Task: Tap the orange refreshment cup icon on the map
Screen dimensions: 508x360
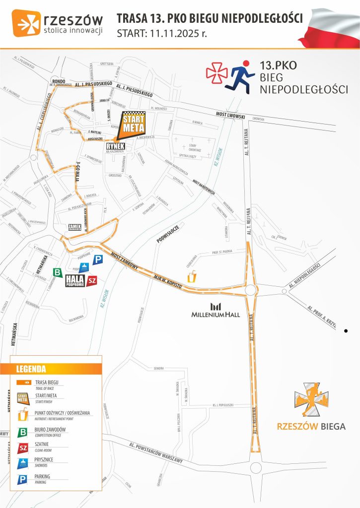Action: [191, 276]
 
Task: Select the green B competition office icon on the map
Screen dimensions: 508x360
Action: [58, 272]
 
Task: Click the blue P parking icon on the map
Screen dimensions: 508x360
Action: [98, 259]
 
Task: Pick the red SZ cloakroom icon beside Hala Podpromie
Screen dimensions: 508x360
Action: [91, 281]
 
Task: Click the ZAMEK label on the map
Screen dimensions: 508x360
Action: [74, 227]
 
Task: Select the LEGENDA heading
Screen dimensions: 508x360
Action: [31, 369]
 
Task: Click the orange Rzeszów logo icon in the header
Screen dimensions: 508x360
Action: [26, 24]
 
